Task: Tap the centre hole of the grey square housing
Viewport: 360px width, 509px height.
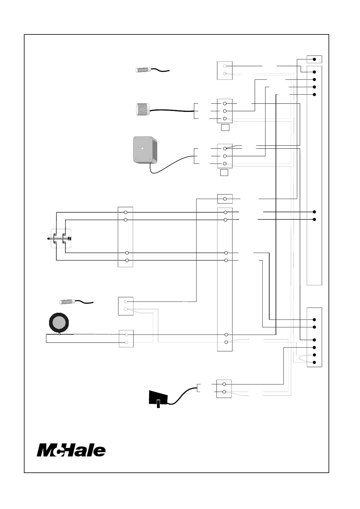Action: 142,149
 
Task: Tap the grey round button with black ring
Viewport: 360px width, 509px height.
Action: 59,323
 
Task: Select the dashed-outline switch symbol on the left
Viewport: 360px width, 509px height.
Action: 61,238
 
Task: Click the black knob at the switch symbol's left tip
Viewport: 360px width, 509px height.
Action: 49,238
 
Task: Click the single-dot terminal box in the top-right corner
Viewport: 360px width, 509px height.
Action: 314,59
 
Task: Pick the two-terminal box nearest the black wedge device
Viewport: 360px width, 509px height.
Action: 224,388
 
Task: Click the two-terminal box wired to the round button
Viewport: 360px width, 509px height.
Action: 126,339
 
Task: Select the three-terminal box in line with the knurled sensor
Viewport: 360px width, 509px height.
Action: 225,111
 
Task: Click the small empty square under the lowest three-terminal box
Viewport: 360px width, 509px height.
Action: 224,173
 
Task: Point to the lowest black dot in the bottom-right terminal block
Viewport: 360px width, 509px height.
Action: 314,362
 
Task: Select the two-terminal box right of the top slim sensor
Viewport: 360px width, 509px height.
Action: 225,70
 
